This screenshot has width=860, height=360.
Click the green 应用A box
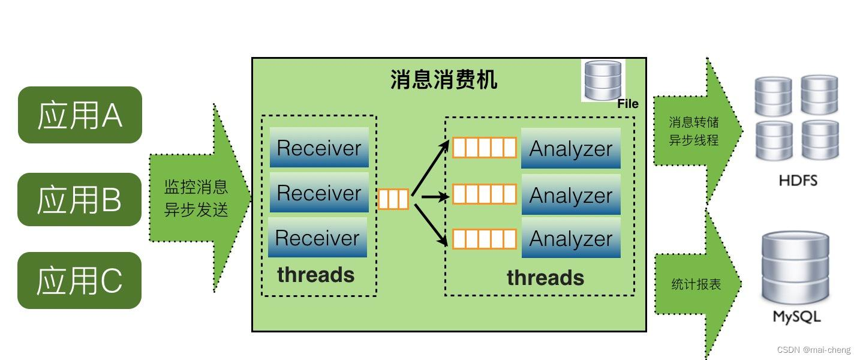[80, 115]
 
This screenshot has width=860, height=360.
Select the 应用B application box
[80, 199]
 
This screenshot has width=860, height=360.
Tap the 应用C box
[80, 280]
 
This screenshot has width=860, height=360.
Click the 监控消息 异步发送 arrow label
[196, 198]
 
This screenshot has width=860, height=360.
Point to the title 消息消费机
[444, 79]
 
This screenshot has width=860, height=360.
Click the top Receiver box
[319, 148]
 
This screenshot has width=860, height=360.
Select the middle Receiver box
[319, 193]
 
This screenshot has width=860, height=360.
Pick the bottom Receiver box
[317, 238]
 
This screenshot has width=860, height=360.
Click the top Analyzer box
[571, 148]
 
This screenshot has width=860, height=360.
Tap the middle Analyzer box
[571, 194]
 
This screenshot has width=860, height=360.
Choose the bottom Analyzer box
[571, 238]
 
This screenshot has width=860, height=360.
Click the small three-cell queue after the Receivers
[393, 199]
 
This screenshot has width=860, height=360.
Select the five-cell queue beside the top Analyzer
[484, 148]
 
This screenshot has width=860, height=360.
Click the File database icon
[603, 80]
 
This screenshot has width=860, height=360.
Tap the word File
[628, 104]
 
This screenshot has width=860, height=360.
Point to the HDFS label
[798, 180]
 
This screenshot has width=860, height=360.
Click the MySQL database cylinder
[795, 268]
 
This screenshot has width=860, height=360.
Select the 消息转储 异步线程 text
[694, 131]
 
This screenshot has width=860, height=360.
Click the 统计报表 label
[696, 284]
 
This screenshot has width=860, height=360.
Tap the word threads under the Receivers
[315, 275]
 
